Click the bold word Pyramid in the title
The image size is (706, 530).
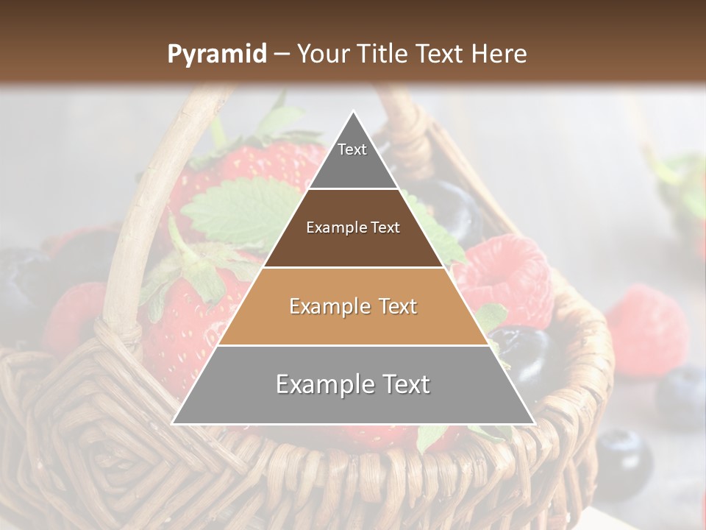click(x=216, y=54)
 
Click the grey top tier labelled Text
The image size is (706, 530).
click(x=353, y=166)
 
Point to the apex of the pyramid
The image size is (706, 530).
click(x=353, y=112)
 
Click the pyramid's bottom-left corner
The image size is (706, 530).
click(x=174, y=423)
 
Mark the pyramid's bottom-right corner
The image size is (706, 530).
click(x=533, y=423)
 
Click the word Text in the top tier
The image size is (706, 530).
click(x=352, y=149)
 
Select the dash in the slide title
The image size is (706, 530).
click(x=282, y=54)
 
